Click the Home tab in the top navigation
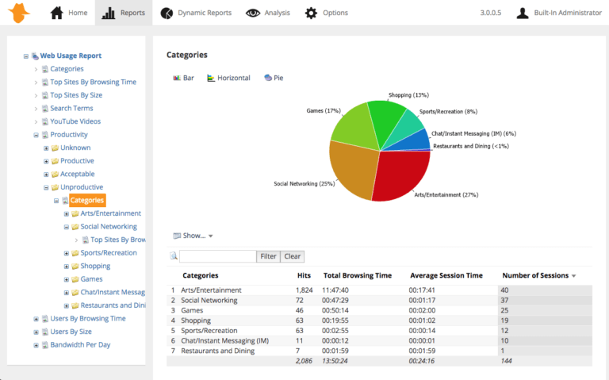69,13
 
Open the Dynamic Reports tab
196,13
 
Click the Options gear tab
327,13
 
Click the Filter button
268,256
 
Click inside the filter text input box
217,256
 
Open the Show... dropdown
193,236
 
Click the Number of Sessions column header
535,275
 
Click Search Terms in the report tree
71,108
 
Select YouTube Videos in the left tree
75,121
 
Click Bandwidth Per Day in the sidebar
80,345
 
